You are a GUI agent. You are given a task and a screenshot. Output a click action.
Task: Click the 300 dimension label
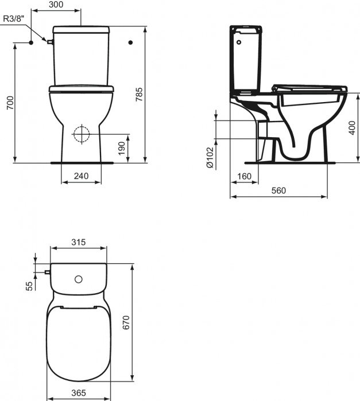56,5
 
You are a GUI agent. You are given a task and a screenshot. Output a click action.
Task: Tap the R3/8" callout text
14,18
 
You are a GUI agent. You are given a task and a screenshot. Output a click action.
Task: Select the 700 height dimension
7,103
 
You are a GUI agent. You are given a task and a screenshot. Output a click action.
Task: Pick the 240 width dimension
82,177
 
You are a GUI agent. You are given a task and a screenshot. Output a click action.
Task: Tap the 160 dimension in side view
244,177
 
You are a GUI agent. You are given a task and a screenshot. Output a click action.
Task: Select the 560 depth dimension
279,191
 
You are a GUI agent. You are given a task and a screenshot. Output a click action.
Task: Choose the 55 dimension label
29,286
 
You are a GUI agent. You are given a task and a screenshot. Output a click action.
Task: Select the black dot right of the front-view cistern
131,42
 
